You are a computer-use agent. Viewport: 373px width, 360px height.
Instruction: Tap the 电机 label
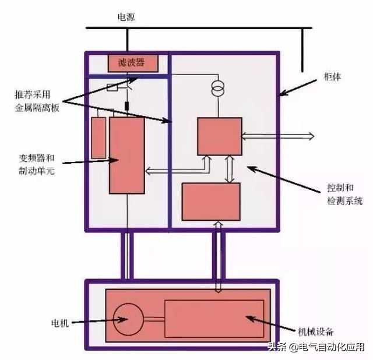click(60, 323)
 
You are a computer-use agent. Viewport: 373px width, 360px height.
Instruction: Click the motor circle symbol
click(128, 319)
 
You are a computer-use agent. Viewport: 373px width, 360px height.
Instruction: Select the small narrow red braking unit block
click(99, 137)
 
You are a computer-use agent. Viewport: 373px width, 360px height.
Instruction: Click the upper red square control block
click(219, 136)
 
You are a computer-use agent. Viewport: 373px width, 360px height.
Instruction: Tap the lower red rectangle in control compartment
click(211, 202)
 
